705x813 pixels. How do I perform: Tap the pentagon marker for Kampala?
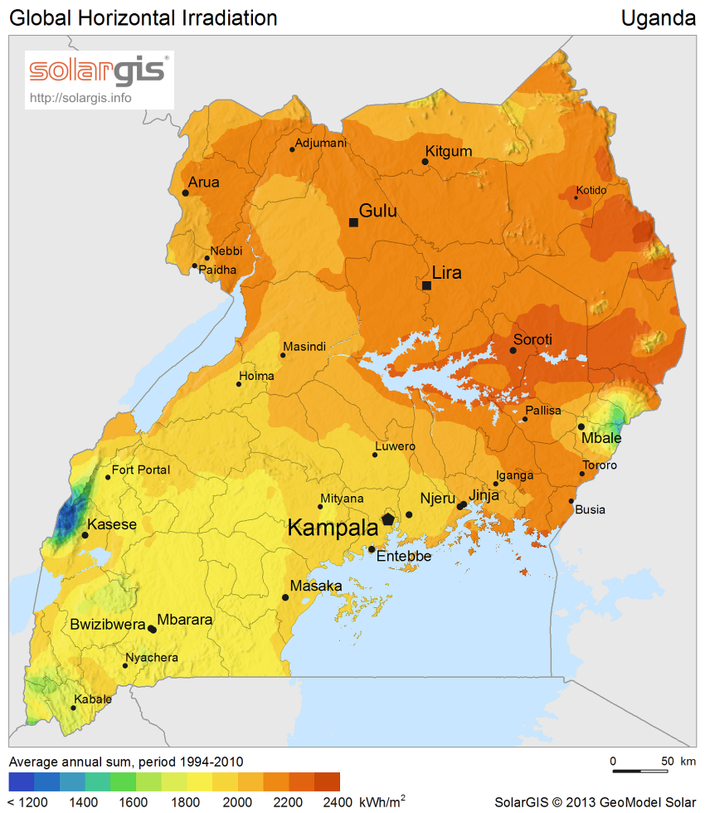pos(388,518)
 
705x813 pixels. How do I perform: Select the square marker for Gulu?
pos(353,222)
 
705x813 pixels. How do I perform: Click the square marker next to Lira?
pos(426,285)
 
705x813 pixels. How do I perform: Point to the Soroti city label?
pos(532,339)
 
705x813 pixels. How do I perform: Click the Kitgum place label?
pos(448,151)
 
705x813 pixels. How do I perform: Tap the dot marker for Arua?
pos(185,193)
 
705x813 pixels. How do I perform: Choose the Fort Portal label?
pos(141,470)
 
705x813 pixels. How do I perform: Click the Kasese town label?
pos(112,524)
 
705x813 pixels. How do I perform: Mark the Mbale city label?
pos(601,438)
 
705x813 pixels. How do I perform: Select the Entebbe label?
pos(404,557)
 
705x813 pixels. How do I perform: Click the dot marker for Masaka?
pos(285,597)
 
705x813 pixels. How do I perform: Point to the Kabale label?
pos(93,699)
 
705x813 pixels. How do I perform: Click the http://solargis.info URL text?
pos(80,97)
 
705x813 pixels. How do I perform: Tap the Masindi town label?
pos(304,346)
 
